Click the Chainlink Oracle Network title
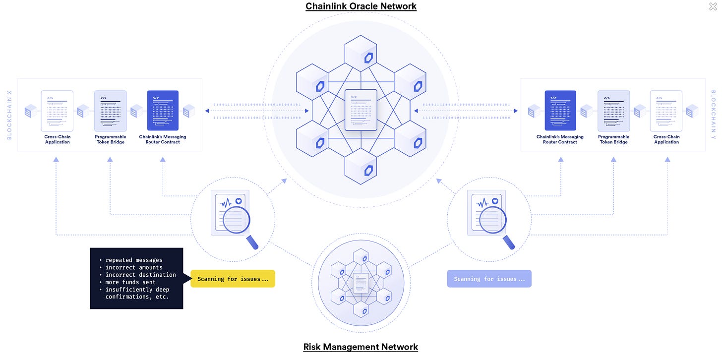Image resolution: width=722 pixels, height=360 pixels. (x=361, y=6)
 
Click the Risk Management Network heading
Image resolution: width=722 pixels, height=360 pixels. (x=361, y=347)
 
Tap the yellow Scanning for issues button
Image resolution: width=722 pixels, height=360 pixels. (x=233, y=279)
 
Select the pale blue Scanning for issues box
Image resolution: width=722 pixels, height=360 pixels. (x=489, y=279)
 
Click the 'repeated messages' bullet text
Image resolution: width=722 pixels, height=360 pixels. (x=133, y=260)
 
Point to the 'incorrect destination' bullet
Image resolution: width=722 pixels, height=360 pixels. (x=140, y=275)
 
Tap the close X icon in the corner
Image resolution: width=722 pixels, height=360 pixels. (x=713, y=6)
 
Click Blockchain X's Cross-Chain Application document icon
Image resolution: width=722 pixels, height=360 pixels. (x=57, y=110)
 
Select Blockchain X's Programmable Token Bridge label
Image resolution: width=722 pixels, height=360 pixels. (x=110, y=139)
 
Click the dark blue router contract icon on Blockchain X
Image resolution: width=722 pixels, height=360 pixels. (x=163, y=110)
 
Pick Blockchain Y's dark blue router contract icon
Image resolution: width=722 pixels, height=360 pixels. (x=560, y=110)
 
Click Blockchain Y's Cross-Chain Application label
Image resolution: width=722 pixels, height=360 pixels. (x=666, y=139)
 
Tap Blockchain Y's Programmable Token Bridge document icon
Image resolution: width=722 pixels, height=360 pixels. (x=613, y=110)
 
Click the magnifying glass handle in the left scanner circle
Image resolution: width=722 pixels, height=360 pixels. (x=252, y=242)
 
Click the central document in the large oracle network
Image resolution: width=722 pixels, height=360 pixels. (x=361, y=110)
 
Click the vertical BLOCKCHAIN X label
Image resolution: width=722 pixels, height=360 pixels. (x=9, y=115)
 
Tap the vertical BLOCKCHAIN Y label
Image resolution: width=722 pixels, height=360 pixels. (x=713, y=115)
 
